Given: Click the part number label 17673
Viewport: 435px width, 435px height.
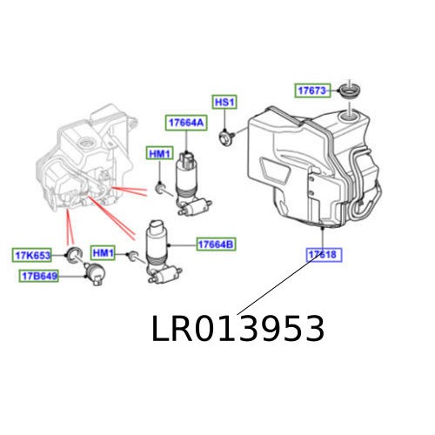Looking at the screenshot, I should tap(311, 90).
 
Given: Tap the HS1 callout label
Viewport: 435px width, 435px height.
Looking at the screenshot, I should tap(224, 102).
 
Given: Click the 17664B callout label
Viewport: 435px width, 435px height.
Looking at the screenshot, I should tap(216, 244).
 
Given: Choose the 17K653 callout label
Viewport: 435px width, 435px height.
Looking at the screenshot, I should tap(32, 255).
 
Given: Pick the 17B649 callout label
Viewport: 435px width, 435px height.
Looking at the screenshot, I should tap(38, 276).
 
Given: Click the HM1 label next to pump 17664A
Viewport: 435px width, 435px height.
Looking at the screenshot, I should tap(160, 154).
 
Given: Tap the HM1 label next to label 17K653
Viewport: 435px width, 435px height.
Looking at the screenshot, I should tap(103, 253).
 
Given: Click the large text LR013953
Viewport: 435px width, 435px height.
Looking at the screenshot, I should tap(238, 330).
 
